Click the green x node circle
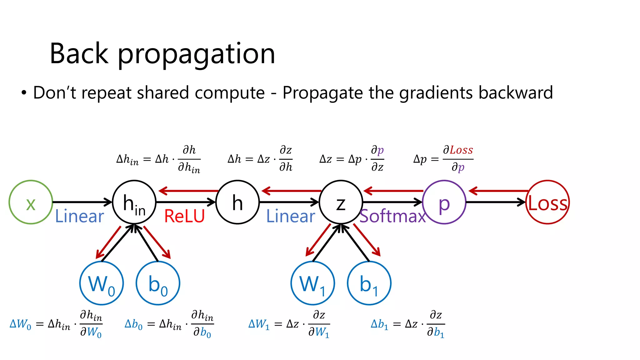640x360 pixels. [x=31, y=202]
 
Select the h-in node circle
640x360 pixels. [x=134, y=202]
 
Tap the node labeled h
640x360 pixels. [x=237, y=202]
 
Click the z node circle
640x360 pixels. [x=341, y=202]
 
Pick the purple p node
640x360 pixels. [x=444, y=202]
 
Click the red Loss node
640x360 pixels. [x=547, y=202]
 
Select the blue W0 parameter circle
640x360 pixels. [x=102, y=283]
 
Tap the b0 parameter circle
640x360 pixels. [x=158, y=283]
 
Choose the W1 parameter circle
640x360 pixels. [x=312, y=283]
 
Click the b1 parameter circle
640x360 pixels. [x=369, y=283]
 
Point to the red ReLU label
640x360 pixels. [x=184, y=216]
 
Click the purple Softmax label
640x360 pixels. [x=392, y=216]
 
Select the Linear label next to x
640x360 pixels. [x=79, y=216]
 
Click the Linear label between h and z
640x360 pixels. [x=291, y=216]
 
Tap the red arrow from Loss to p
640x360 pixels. [x=498, y=191]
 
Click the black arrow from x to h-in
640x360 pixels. [x=82, y=202]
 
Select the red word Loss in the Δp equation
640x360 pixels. [x=461, y=150]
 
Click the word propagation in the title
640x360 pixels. [x=196, y=54]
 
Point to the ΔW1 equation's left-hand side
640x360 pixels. [x=259, y=324]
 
